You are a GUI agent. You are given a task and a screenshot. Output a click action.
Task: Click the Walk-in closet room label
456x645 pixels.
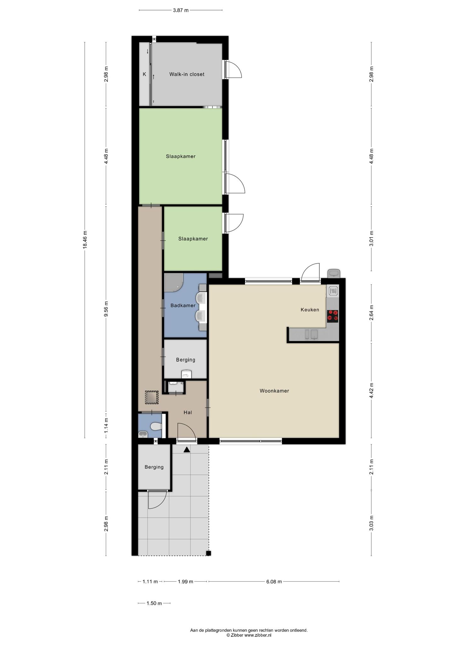click(187, 74)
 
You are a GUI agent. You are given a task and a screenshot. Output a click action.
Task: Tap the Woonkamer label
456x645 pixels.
click(274, 391)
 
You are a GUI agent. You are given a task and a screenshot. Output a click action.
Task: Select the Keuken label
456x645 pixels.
click(310, 310)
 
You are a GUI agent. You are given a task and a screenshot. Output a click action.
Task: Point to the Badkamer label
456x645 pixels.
click(183, 305)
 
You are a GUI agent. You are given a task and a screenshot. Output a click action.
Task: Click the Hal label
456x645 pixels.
click(188, 412)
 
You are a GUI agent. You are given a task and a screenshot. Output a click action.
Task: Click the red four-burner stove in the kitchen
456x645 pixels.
click(333, 316)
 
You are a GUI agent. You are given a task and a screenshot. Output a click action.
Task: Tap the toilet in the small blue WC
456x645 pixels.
click(156, 427)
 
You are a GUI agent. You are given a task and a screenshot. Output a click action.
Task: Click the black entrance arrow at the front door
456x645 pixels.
click(187, 450)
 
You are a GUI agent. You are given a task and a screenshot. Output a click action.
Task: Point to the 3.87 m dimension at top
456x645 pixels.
click(181, 10)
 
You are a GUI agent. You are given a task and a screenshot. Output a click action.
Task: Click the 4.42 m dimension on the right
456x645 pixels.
click(372, 391)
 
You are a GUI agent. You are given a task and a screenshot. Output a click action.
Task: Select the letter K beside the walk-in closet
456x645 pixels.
click(145, 74)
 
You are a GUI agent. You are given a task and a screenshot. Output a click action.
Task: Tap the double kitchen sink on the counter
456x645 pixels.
click(311, 334)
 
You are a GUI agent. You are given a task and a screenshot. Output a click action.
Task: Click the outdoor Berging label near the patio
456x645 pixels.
click(154, 467)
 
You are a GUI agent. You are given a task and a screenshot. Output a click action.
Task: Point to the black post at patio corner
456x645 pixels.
click(208, 553)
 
